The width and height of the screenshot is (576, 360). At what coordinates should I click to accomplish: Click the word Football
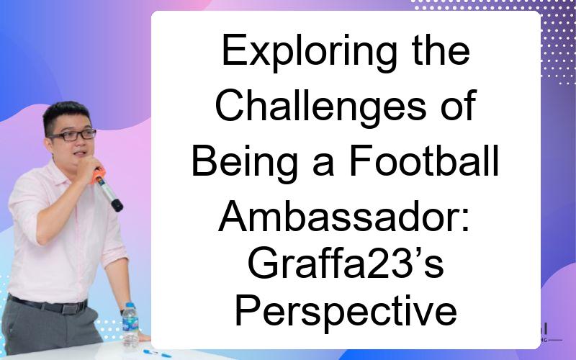coord(423,161)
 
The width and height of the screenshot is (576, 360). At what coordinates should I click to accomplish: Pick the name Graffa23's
coord(346,264)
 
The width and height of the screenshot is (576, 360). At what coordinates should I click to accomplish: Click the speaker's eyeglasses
coord(73,135)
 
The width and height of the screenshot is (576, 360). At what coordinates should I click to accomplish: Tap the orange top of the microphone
coord(98,176)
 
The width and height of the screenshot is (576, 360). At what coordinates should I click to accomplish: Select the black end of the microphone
coord(117,205)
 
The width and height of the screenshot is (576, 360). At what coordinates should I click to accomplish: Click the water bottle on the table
coord(130,325)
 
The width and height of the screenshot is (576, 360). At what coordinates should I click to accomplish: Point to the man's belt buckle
coord(69,309)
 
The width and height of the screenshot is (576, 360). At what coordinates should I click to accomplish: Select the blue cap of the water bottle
coord(130,305)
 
